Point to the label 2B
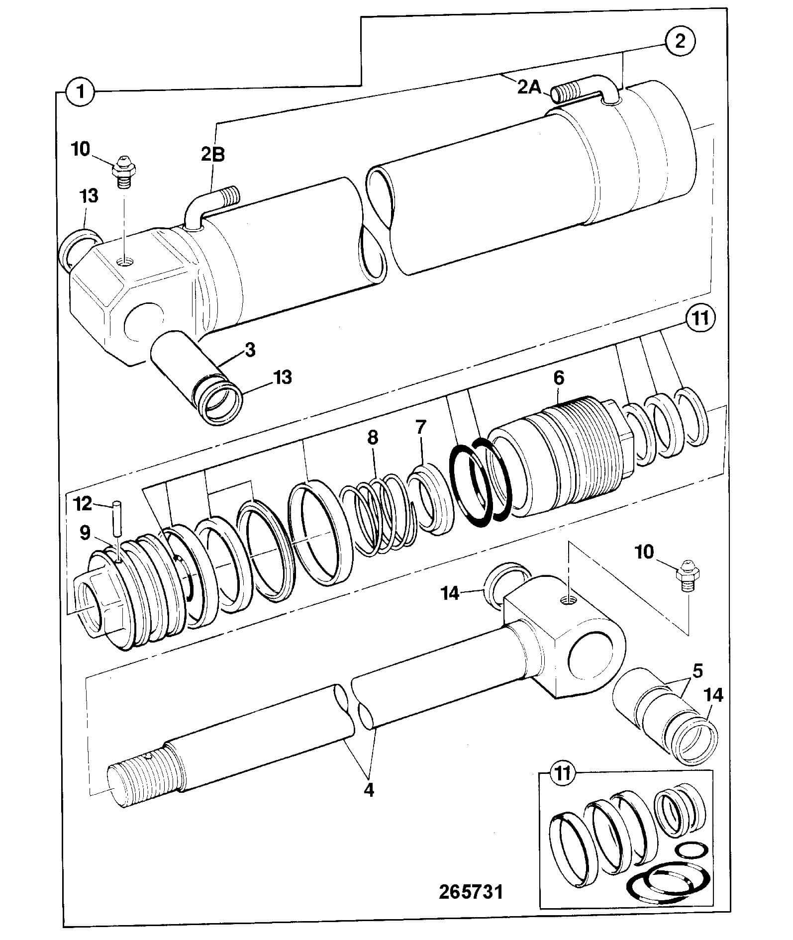[213, 155]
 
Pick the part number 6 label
[559, 378]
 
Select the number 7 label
[421, 427]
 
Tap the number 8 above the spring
[372, 437]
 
